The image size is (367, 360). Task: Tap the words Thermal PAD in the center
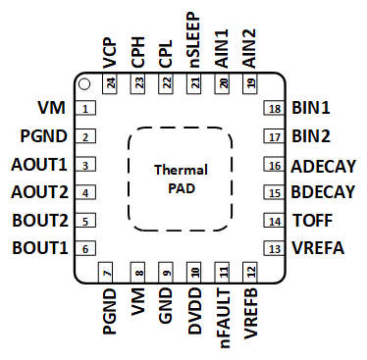(x=181, y=179)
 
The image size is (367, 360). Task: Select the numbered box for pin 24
(x=110, y=85)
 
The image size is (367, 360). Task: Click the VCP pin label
(x=109, y=51)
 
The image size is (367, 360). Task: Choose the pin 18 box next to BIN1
(x=275, y=109)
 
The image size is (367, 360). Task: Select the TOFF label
(x=312, y=222)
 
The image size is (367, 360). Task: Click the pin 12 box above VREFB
(x=251, y=272)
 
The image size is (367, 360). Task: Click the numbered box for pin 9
(x=167, y=272)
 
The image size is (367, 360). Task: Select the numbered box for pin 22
(x=167, y=85)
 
